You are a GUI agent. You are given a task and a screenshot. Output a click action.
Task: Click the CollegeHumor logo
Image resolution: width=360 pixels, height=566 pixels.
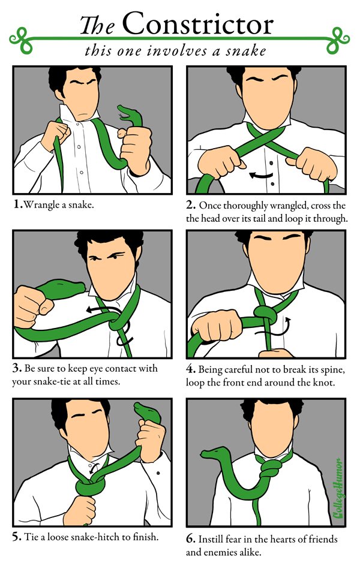point(338,488)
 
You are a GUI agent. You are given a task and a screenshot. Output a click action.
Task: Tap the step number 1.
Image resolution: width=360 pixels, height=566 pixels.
point(17,204)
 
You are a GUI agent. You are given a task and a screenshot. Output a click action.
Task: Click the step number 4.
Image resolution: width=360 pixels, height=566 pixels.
point(190,369)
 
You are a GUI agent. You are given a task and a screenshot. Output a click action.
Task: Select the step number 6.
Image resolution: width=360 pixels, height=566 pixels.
point(190,539)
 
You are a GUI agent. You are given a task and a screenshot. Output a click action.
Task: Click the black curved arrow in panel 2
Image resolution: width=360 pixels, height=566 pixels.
point(261,176)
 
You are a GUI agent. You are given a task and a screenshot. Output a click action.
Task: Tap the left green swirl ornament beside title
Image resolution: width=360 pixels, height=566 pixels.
point(21,39)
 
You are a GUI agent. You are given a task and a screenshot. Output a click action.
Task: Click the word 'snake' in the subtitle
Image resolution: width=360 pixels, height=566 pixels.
point(246,51)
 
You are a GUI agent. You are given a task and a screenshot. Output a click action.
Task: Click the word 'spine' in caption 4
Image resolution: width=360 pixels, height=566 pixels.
point(332,371)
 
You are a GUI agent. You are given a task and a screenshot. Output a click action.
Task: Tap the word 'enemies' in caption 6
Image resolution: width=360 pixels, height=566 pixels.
point(220,552)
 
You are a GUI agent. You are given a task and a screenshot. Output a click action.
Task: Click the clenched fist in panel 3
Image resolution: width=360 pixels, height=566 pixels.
point(32,306)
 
